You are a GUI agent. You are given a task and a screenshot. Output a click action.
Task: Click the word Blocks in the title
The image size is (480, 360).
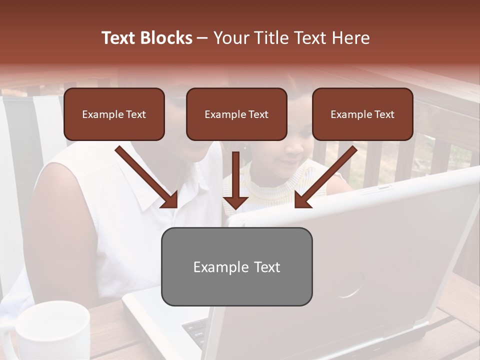click(x=167, y=38)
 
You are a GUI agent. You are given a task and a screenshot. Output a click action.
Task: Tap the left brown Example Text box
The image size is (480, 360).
click(x=114, y=114)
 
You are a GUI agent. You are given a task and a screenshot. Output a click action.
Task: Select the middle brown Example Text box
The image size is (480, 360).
click(x=236, y=114)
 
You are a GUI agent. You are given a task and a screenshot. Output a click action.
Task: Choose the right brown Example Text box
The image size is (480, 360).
click(x=362, y=114)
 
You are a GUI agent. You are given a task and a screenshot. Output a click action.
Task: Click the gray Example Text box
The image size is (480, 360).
click(x=236, y=266)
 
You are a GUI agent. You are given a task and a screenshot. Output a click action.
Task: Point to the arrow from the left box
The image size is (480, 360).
click(x=147, y=177)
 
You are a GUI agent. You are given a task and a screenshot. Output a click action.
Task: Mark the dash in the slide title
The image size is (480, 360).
click(x=202, y=38)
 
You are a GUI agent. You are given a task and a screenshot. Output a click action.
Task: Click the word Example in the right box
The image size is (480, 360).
click(x=350, y=114)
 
